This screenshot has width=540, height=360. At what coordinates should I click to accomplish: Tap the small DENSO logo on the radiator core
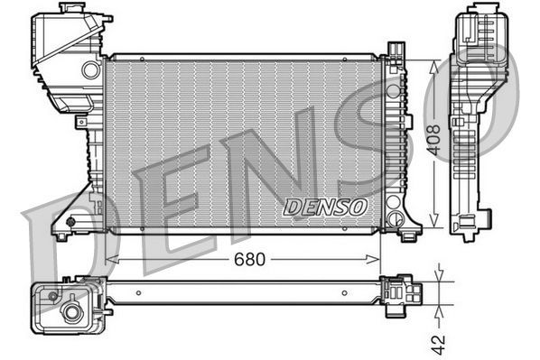click(x=326, y=207)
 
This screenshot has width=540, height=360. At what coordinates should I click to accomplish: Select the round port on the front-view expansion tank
click(x=90, y=69)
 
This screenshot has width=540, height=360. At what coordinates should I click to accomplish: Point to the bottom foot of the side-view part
click(x=470, y=226)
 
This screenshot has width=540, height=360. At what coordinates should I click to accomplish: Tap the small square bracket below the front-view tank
click(x=81, y=120)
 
